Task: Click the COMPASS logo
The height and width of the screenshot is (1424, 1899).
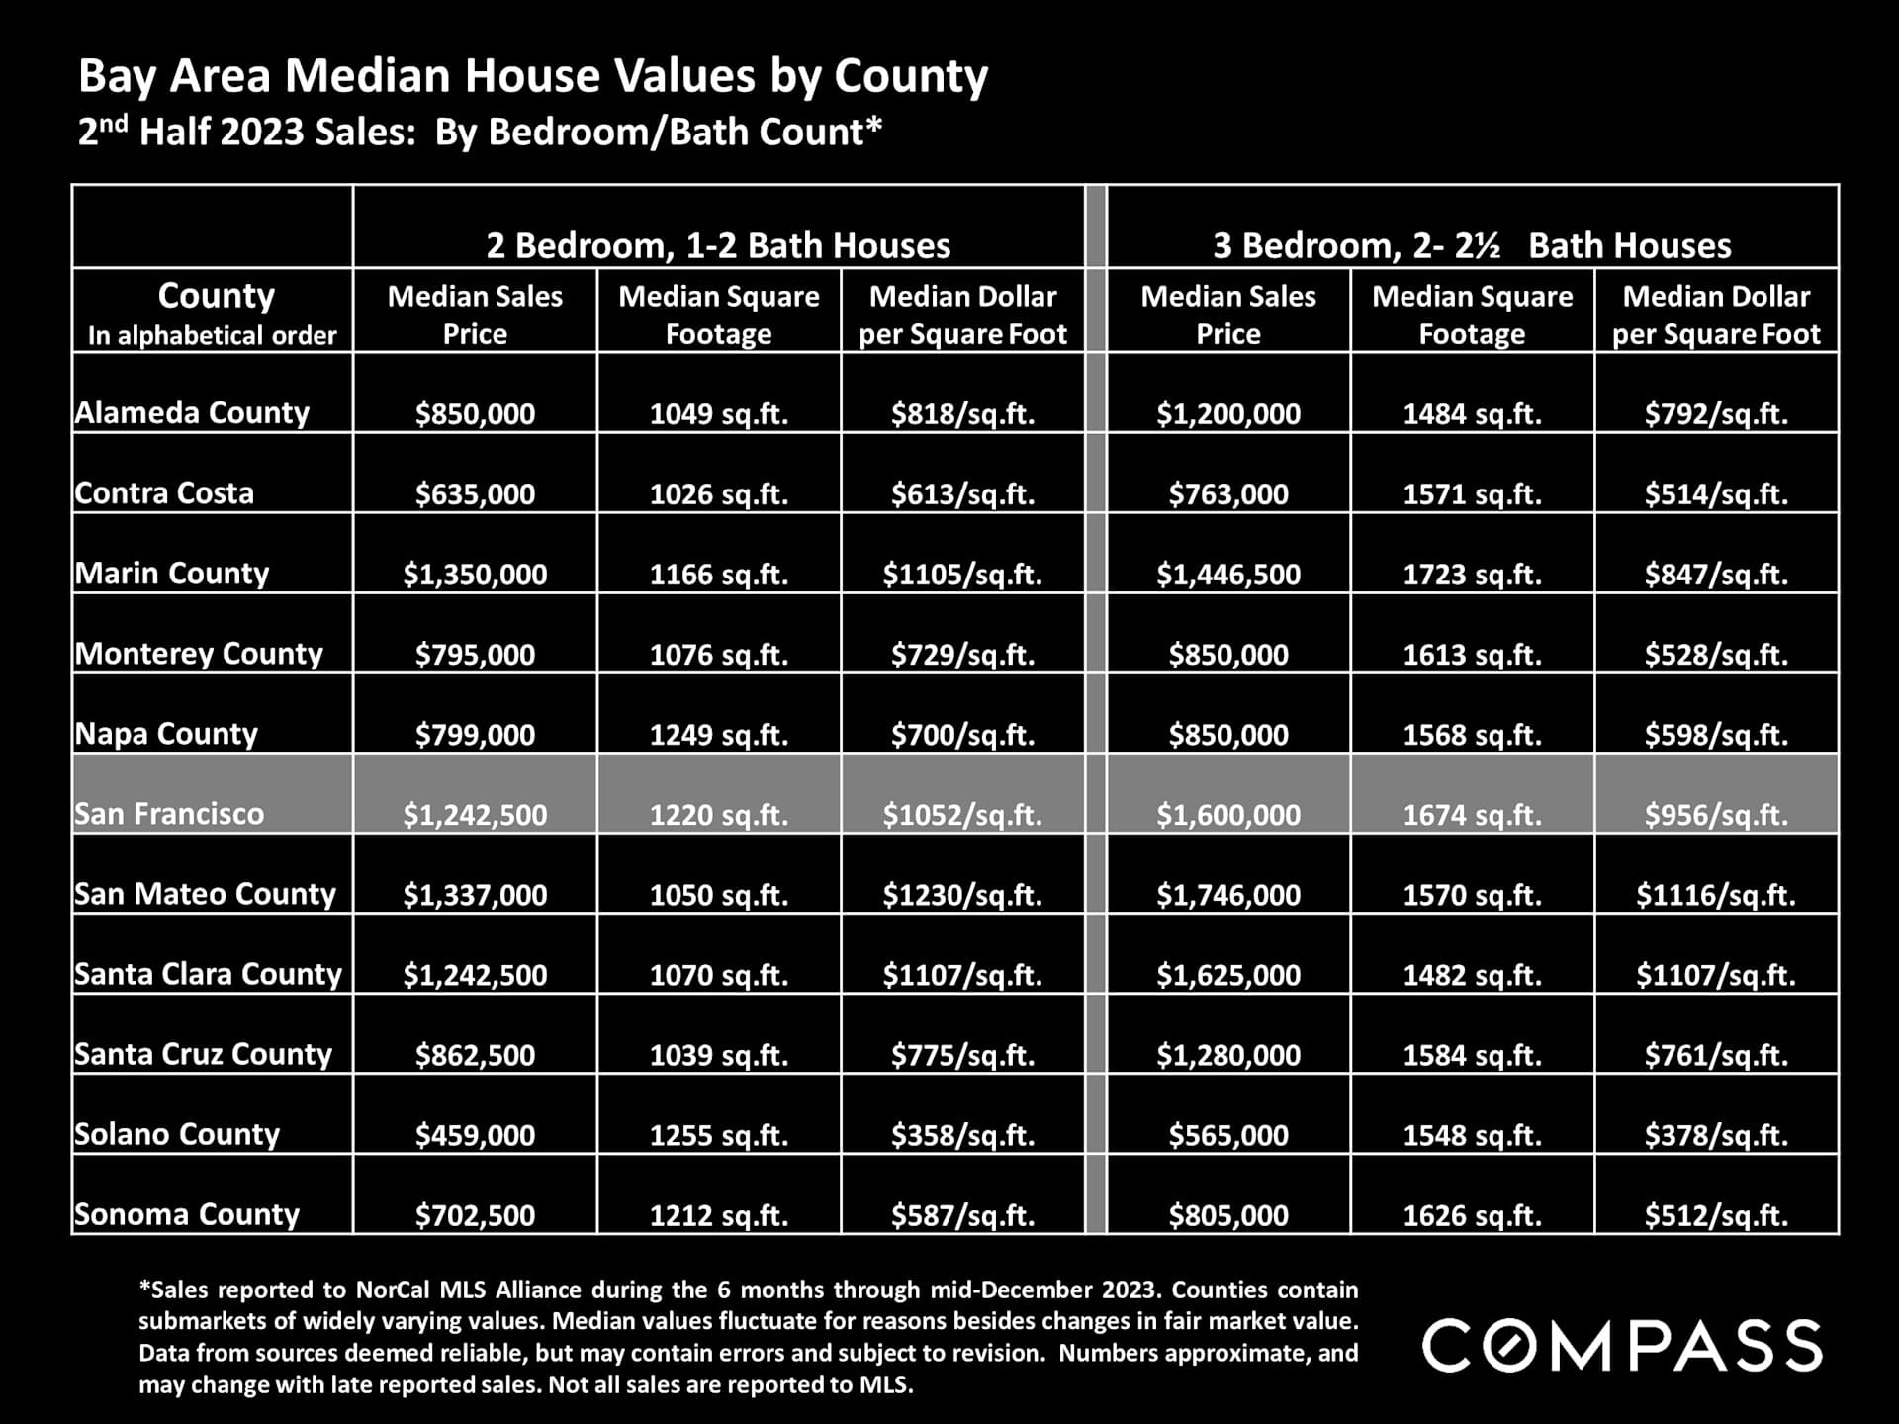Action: click(1621, 1346)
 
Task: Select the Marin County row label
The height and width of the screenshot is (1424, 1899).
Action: click(172, 574)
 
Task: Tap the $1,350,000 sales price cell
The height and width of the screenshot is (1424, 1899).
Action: click(475, 575)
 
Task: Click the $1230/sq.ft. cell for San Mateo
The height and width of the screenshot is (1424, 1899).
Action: click(962, 895)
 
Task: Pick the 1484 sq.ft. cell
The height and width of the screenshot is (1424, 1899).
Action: click(1472, 414)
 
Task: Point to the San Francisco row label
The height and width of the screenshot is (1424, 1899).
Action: click(169, 814)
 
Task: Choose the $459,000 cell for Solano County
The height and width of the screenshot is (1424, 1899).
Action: click(475, 1135)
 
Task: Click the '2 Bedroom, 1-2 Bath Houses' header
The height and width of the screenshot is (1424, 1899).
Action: click(718, 245)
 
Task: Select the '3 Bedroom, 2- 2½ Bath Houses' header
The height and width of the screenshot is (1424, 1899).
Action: click(1472, 245)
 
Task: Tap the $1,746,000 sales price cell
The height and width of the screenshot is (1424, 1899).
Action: click(1228, 895)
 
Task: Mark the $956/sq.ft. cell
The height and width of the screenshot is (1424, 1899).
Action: click(1716, 815)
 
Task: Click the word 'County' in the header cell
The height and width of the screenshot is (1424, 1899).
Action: click(216, 295)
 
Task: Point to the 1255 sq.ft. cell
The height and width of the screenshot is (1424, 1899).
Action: click(719, 1135)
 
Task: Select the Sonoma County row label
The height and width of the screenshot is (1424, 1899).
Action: click(187, 1214)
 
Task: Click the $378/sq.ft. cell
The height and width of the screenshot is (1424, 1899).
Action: click(1716, 1135)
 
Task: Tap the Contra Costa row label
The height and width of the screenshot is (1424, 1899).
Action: click(164, 493)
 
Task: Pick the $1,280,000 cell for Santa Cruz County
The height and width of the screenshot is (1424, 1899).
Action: click(1228, 1055)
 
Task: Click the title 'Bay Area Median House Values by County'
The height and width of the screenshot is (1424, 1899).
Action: click(533, 76)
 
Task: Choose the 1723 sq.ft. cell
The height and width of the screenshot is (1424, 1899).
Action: click(1472, 575)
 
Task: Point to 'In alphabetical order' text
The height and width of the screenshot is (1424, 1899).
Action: click(213, 336)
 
